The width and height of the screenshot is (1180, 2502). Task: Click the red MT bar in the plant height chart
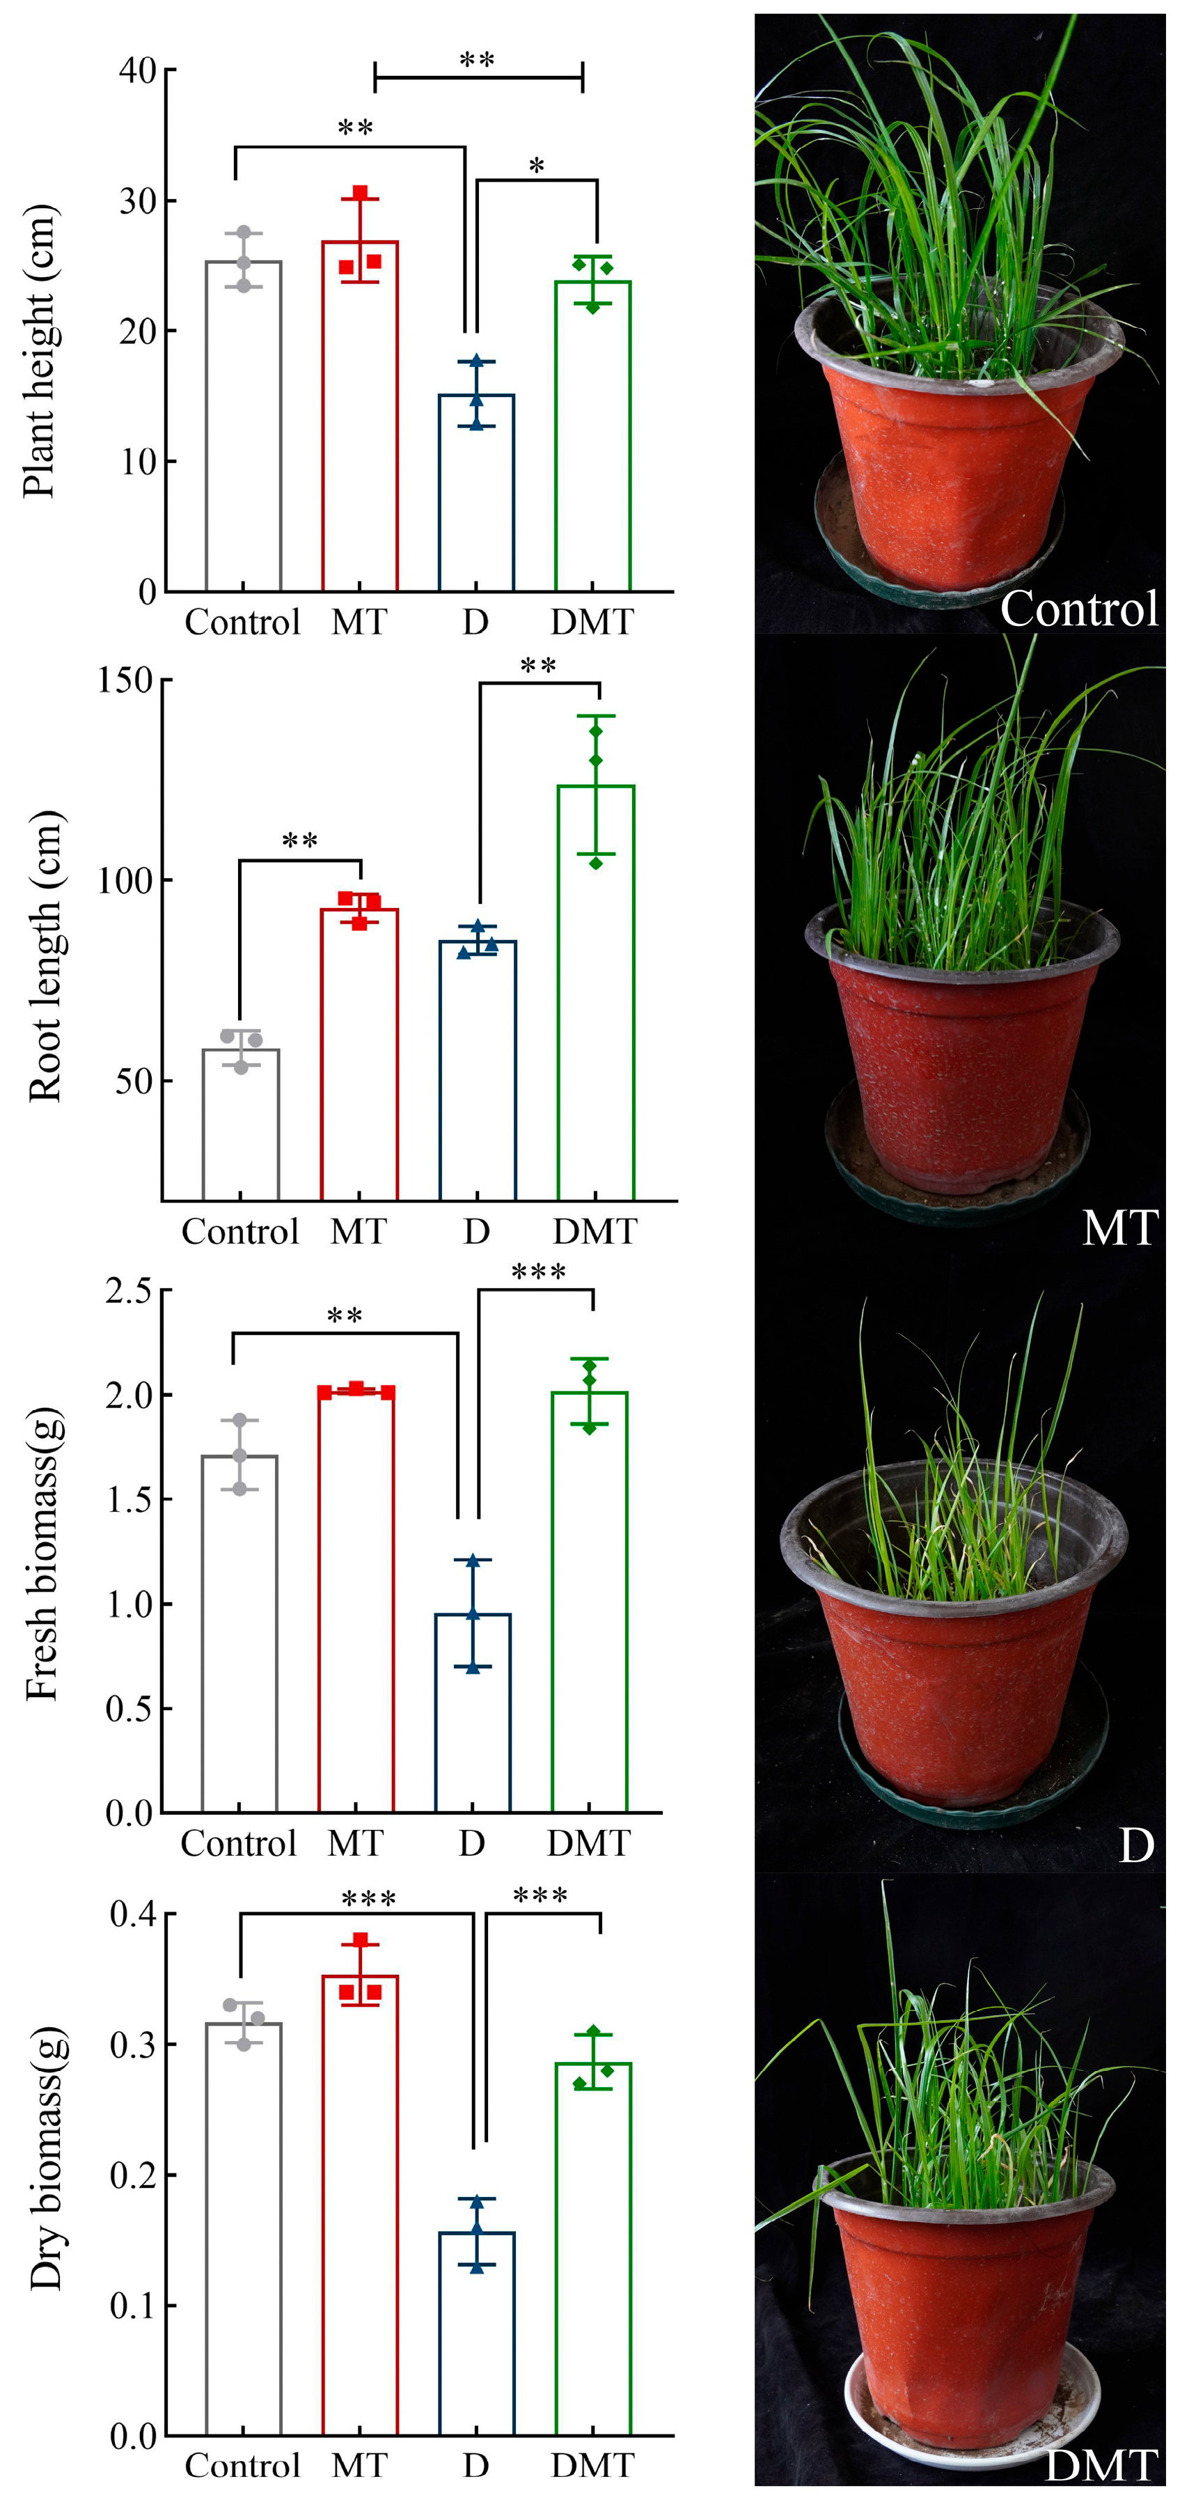359,418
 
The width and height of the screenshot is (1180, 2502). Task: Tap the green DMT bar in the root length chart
595,991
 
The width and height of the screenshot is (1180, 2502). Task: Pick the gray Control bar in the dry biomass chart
244,2234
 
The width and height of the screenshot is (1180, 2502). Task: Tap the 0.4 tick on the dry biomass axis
132,1914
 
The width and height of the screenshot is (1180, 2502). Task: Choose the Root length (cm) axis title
45,957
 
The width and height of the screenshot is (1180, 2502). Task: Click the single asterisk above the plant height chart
536,167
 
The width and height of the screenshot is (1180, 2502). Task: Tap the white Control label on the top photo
1078,609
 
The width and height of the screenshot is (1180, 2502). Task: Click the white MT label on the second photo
1120,1228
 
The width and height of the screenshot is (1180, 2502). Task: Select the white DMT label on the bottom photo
1101,2466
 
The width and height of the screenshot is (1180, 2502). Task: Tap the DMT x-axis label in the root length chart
595,1232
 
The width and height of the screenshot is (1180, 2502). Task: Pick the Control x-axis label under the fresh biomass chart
238,1843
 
